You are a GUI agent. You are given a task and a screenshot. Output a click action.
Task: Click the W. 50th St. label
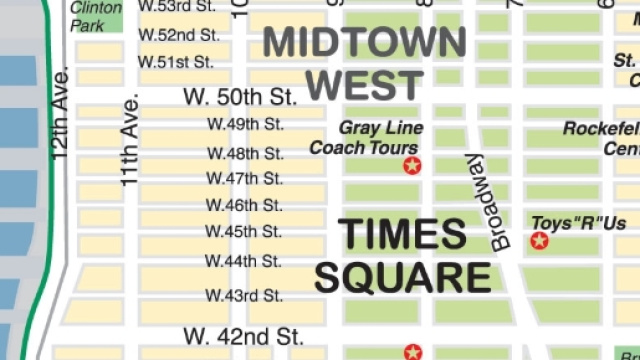(x=241, y=97)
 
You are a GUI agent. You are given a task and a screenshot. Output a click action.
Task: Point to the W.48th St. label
(x=245, y=153)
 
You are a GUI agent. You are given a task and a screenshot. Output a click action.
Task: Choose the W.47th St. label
(x=245, y=179)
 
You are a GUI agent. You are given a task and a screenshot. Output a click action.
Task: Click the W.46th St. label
(x=245, y=206)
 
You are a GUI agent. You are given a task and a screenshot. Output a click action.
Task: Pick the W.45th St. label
(x=245, y=232)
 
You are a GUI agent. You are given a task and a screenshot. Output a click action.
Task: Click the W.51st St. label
(x=176, y=61)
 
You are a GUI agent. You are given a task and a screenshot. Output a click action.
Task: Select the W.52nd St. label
(x=179, y=34)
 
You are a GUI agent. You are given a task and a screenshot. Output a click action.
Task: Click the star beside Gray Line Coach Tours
(x=411, y=165)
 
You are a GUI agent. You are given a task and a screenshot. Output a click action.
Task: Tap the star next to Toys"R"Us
(x=540, y=240)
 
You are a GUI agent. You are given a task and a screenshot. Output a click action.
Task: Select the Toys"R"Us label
(x=578, y=222)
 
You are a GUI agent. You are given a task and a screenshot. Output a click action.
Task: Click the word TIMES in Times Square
(x=403, y=234)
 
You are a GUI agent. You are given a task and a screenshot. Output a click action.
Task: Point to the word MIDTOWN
(x=364, y=42)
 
